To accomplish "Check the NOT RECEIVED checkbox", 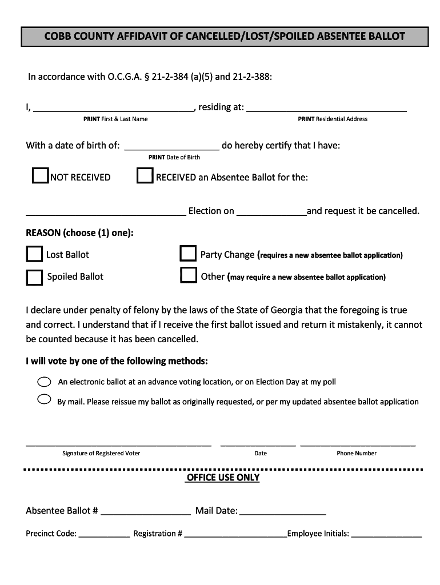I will click(x=40, y=176).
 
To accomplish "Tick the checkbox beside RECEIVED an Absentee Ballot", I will click(x=145, y=176).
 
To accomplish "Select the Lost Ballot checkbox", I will click(x=34, y=254).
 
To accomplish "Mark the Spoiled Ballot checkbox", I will click(x=34, y=277).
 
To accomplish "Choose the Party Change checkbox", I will click(x=188, y=254).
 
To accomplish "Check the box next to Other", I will click(x=188, y=275).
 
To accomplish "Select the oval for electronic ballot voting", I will click(x=44, y=381).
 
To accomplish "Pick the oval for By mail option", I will click(x=44, y=399).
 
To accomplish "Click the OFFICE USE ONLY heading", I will click(x=223, y=478).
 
